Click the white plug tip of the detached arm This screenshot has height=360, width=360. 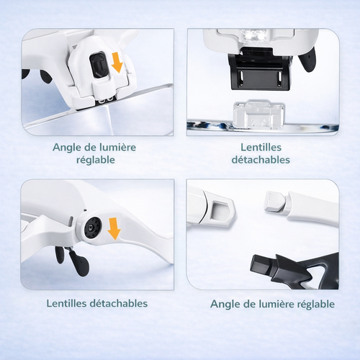[x=274, y=202]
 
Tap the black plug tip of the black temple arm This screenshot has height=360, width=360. [x=260, y=266]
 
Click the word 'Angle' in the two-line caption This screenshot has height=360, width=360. [x=68, y=146]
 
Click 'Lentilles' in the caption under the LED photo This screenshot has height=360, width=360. [x=262, y=146]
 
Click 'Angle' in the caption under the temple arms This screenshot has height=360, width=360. [x=225, y=304]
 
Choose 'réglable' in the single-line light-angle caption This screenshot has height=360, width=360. [x=313, y=304]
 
